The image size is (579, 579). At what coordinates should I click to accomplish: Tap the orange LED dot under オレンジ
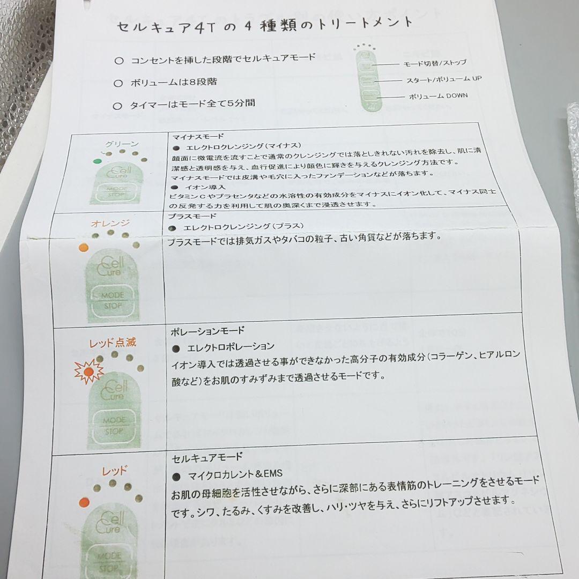(83, 247)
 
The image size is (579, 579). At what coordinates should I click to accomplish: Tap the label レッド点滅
(113, 342)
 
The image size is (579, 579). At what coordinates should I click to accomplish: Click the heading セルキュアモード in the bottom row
(207, 457)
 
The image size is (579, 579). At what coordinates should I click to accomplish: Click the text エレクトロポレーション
(231, 347)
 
